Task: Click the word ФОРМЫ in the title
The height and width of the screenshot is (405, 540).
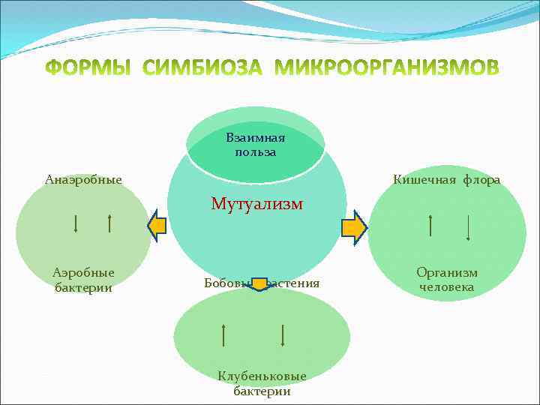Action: coord(88,68)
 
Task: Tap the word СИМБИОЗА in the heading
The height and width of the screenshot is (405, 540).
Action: coord(203,68)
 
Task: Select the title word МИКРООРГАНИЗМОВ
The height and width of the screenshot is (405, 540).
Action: coord(387,68)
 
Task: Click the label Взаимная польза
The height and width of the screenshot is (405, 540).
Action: coord(255,145)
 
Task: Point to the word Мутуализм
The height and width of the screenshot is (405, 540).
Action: coord(256,203)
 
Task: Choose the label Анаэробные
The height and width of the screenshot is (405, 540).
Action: coord(83,179)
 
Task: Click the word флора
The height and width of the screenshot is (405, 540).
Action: coord(481,180)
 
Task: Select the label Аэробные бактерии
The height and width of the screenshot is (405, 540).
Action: coord(83,280)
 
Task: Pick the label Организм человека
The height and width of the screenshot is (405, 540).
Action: coord(447,280)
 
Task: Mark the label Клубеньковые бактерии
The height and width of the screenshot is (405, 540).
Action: coord(262,382)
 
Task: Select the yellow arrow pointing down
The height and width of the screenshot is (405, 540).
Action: coord(259,283)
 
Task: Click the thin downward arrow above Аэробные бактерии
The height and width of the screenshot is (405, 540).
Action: coord(76,223)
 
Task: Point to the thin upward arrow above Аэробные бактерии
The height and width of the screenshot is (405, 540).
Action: coord(110,223)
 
